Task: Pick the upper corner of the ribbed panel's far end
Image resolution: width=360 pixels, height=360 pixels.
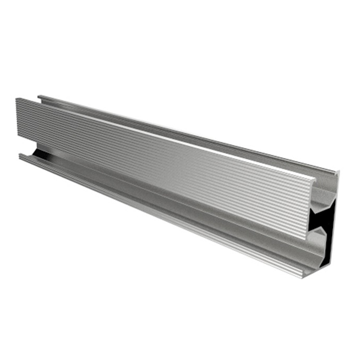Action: [x=17, y=99]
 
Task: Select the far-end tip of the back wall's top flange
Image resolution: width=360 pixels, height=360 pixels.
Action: [x=39, y=96]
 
